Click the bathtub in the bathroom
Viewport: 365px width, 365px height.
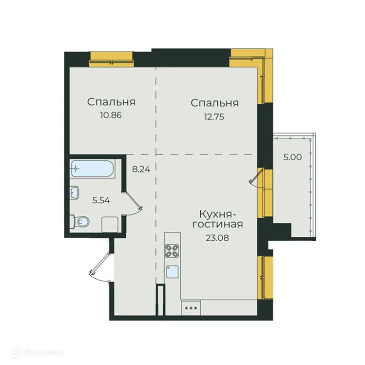(x=92, y=169)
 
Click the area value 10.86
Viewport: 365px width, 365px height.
(x=111, y=116)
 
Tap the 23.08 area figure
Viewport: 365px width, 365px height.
(x=217, y=238)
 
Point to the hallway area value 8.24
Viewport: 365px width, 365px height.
(x=141, y=170)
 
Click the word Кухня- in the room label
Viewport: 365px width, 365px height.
(x=218, y=214)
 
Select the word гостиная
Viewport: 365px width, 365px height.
(x=217, y=226)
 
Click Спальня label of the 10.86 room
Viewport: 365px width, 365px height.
(x=111, y=103)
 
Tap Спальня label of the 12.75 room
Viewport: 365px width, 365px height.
(x=214, y=103)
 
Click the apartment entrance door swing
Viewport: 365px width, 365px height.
(x=100, y=266)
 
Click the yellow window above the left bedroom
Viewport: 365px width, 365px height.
(x=111, y=58)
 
